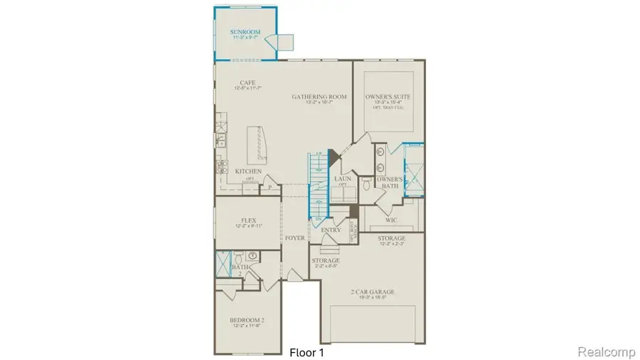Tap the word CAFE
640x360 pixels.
(x=248, y=83)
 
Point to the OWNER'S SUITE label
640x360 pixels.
(x=388, y=96)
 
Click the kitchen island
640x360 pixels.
(x=257, y=145)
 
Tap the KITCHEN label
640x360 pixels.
(x=248, y=171)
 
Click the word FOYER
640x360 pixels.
(x=296, y=238)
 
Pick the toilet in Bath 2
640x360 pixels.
(x=251, y=257)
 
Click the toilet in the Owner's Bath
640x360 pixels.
(x=364, y=184)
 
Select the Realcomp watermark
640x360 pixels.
(x=605, y=351)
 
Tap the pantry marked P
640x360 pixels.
(x=270, y=188)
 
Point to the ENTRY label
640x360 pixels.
(x=331, y=230)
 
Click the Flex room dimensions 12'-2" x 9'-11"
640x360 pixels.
(x=248, y=226)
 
